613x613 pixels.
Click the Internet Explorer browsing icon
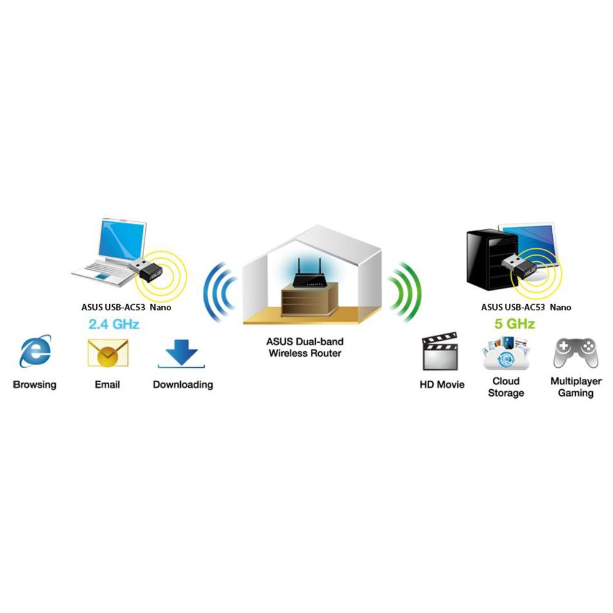(35, 351)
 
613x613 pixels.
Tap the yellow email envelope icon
(108, 353)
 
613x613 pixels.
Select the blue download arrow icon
(181, 354)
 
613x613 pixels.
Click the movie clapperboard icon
(440, 351)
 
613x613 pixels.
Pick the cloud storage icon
(506, 353)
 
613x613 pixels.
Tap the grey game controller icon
(576, 353)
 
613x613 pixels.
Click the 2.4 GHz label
(114, 324)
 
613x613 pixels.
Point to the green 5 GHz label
(514, 324)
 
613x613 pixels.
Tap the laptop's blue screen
(122, 240)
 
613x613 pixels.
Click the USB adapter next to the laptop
(145, 269)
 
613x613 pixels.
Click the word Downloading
(183, 385)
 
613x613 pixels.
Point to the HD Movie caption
(442, 385)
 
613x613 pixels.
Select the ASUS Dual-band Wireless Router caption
(305, 347)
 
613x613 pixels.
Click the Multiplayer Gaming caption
(576, 387)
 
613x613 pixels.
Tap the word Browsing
(35, 385)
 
